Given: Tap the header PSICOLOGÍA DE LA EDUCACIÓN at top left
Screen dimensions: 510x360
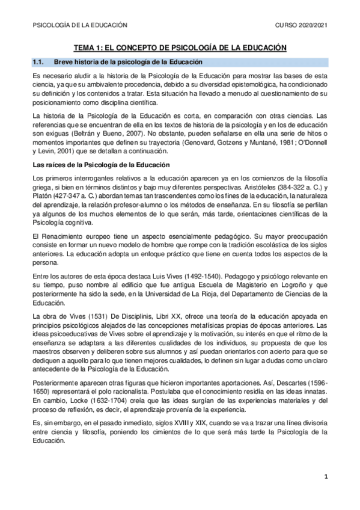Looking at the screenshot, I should (79, 25).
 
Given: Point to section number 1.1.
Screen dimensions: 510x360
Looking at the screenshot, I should (38, 62).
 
